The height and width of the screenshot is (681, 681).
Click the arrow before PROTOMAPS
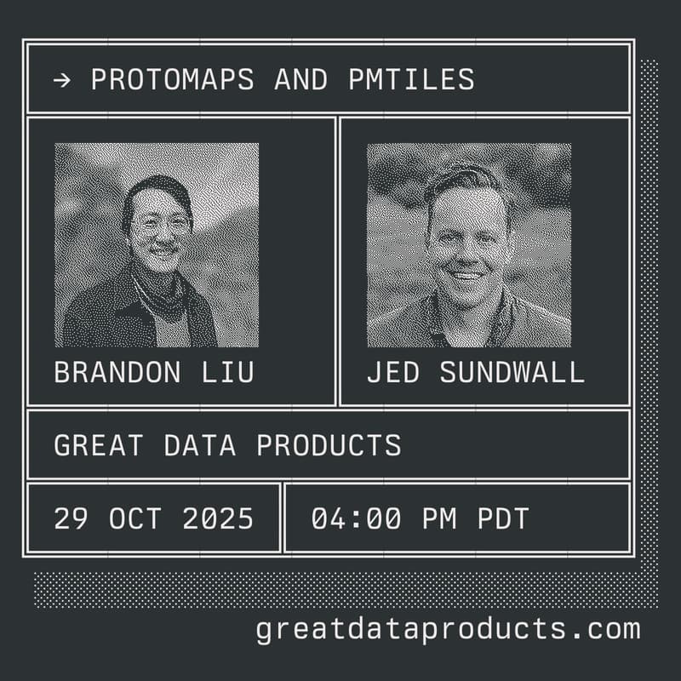coord(62,80)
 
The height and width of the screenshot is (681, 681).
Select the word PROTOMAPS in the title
coord(173,79)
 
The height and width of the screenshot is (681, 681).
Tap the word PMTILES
coord(411,79)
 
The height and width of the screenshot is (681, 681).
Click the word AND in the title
coord(301,79)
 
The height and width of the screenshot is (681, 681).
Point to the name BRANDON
coord(117,372)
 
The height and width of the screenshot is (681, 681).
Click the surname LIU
coord(227,372)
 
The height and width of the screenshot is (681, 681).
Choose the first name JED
coord(393,372)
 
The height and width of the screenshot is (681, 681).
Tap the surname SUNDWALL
coord(512,372)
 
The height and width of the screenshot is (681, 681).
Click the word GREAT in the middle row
coord(99,445)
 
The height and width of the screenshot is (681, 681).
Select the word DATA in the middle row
coord(200,445)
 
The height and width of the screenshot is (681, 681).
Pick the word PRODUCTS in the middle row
coord(329,445)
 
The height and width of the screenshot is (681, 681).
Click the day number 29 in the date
coord(72,518)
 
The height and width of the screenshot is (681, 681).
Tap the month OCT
coord(135,518)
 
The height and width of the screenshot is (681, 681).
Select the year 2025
coord(218,518)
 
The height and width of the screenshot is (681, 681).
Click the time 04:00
coord(356,518)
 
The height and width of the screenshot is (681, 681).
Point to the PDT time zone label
coord(503,518)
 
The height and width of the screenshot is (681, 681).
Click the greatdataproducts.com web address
coord(448,629)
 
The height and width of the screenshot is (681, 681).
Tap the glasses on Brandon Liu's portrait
coord(160,225)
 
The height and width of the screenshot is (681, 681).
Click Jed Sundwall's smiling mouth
coord(465,274)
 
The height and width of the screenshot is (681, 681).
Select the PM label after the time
coord(439,518)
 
